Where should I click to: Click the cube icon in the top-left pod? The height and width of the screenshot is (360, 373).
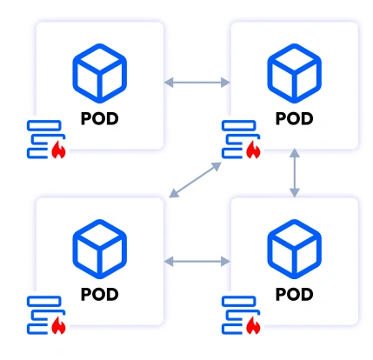pyautogui.click(x=100, y=70)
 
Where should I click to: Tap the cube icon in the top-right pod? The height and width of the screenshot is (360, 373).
pyautogui.click(x=295, y=70)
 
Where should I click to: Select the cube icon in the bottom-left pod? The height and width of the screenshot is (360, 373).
pyautogui.click(x=100, y=246)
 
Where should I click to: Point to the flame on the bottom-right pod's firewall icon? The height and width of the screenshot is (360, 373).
pyautogui.click(x=254, y=327)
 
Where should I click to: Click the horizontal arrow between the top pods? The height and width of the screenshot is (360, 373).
pyautogui.click(x=197, y=83)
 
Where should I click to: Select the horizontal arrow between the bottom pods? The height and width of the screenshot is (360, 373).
pyautogui.click(x=197, y=259)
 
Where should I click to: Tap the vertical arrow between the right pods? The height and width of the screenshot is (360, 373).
pyautogui.click(x=295, y=172)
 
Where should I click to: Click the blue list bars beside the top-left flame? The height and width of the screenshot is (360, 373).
pyautogui.click(x=42, y=139)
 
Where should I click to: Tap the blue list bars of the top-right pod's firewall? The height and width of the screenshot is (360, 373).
pyautogui.click(x=236, y=139)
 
